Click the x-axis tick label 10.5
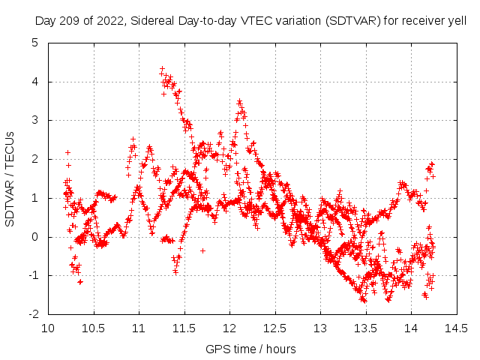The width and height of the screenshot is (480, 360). (94, 328)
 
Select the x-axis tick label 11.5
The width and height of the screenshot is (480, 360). (184, 328)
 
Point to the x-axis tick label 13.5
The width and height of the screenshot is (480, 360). (366, 328)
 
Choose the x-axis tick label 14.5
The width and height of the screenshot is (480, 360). (457, 328)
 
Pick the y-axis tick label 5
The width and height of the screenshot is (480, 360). (35, 42)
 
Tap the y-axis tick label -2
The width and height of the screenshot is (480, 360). (33, 314)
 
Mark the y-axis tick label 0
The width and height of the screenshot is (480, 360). (35, 237)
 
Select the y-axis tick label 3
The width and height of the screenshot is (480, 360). (35, 120)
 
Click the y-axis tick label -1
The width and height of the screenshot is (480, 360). (33, 275)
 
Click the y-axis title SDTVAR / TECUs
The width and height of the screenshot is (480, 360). (10, 178)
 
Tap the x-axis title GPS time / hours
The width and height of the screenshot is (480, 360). (251, 349)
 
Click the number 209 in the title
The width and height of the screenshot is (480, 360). (65, 21)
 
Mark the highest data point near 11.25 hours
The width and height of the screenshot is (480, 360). (162, 69)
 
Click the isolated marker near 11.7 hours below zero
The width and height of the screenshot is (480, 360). (202, 250)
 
